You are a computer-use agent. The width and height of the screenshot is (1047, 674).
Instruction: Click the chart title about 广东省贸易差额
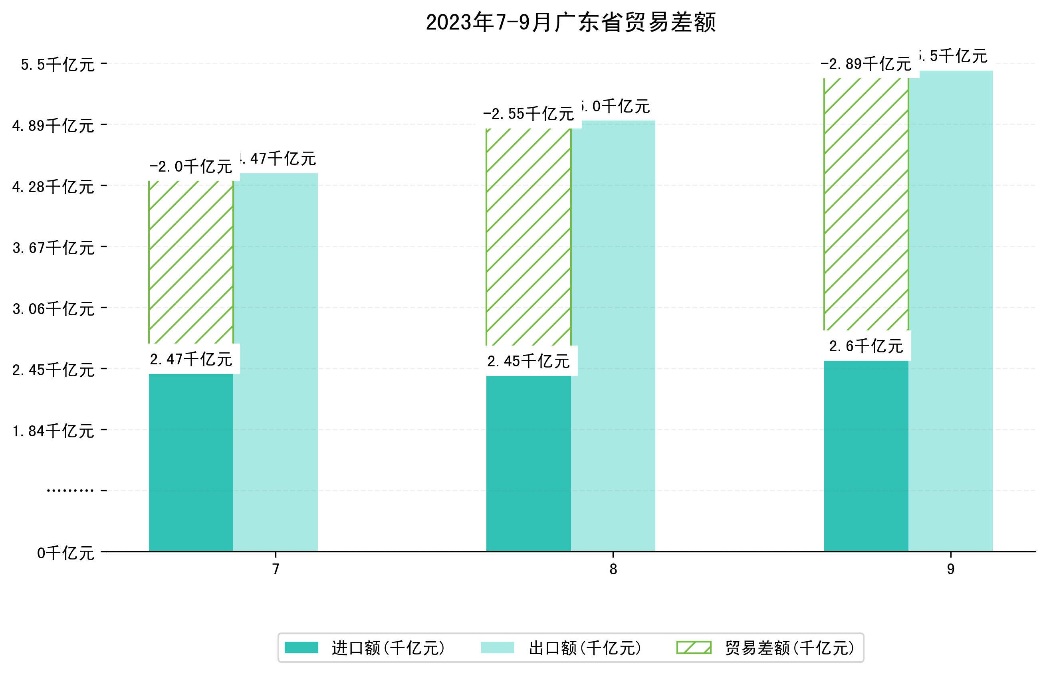tap(571, 23)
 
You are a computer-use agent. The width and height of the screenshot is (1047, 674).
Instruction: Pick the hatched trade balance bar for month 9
tap(866, 204)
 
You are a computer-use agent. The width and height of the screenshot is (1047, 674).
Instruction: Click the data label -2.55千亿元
tap(528, 114)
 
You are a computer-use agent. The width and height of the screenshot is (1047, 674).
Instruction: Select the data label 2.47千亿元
tap(191, 359)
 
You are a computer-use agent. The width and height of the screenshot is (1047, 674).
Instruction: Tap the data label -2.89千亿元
tap(866, 64)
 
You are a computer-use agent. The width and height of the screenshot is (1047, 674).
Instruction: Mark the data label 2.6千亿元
tap(866, 346)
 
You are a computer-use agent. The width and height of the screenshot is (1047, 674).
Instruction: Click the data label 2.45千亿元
tap(528, 362)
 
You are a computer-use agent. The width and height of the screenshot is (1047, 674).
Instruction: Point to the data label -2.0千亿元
tap(191, 167)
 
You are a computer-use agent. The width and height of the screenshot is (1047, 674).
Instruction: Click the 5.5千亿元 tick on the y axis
tap(58, 65)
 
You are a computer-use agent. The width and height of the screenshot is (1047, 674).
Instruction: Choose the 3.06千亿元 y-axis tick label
tap(54, 309)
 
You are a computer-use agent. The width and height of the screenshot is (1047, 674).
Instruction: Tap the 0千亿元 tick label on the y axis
tap(65, 553)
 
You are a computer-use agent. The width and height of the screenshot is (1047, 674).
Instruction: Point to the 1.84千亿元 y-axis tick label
tap(54, 431)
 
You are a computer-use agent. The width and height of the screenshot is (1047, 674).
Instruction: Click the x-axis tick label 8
tap(613, 569)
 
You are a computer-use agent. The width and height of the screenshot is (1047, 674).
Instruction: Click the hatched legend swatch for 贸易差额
tap(694, 648)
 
